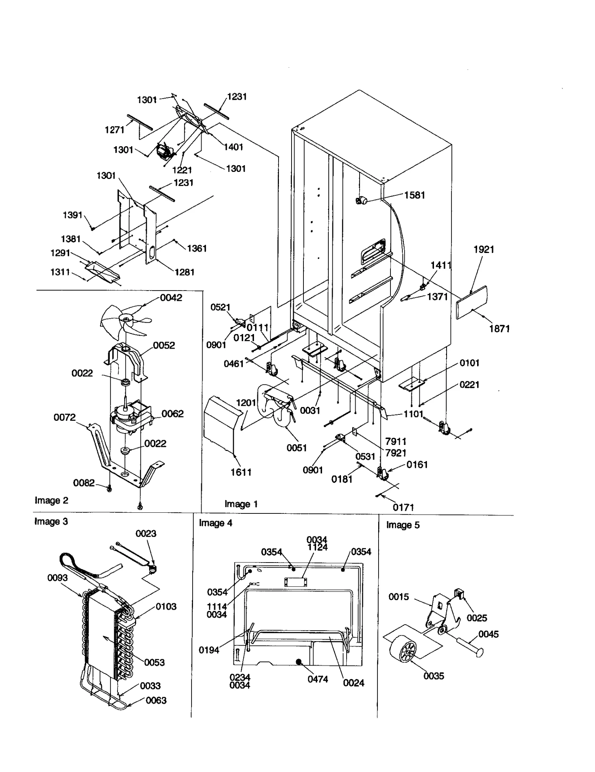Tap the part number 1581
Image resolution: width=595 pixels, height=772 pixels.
[x=414, y=195]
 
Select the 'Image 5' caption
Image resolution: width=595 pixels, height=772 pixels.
[x=403, y=525]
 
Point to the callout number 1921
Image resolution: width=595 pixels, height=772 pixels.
[x=483, y=250]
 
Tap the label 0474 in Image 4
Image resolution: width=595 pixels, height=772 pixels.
[x=318, y=679]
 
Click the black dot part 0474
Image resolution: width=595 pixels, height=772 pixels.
[x=299, y=661]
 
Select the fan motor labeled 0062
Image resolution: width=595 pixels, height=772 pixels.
[x=130, y=419]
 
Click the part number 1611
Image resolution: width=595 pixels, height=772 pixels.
[x=241, y=472]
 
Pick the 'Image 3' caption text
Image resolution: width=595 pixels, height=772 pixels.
[x=51, y=521]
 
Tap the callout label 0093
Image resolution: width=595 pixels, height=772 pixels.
[x=58, y=577]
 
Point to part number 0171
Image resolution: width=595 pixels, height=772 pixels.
[x=403, y=507]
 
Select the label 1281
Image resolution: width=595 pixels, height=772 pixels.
[x=184, y=272]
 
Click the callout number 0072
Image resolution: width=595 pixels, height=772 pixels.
[x=64, y=417]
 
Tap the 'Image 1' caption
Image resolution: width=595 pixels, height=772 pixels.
[x=241, y=504]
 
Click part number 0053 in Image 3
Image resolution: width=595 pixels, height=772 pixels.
[x=154, y=662]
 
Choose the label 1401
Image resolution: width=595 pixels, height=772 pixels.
[x=233, y=147]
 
